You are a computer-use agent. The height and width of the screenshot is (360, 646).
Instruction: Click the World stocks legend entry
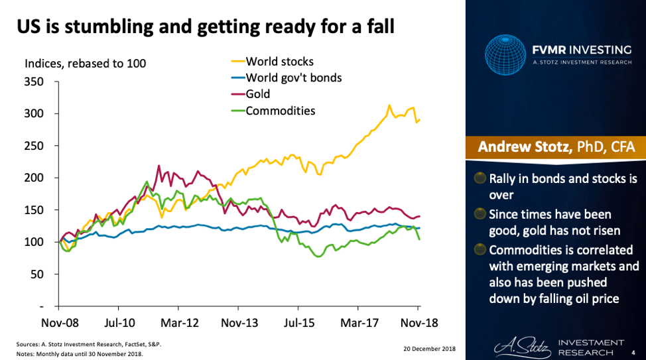279,62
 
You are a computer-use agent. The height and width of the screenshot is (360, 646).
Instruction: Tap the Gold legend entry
258,94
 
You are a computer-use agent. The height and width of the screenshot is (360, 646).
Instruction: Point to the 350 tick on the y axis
34,82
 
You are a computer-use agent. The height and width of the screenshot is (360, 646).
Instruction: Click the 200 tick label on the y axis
34,178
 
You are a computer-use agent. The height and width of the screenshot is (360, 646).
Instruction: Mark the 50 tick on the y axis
37,274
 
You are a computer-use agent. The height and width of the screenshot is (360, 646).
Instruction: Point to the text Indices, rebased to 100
86,64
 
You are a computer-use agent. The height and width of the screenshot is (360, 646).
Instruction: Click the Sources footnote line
89,344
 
